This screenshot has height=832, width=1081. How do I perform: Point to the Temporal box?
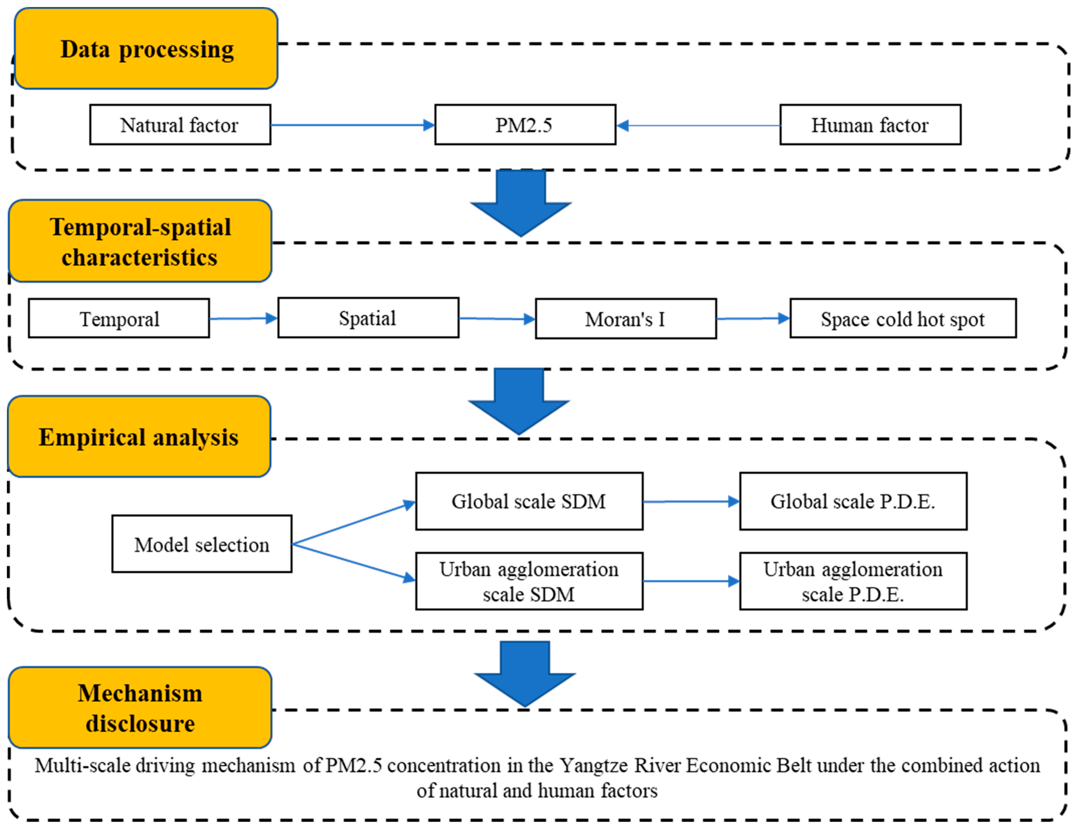click(x=119, y=318)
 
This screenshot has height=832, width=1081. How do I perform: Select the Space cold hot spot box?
click(x=903, y=318)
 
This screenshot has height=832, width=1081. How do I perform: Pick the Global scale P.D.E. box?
click(x=853, y=501)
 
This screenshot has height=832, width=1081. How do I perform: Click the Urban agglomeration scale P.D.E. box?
click(x=853, y=581)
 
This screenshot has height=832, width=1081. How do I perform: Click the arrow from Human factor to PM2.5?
click(x=698, y=126)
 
